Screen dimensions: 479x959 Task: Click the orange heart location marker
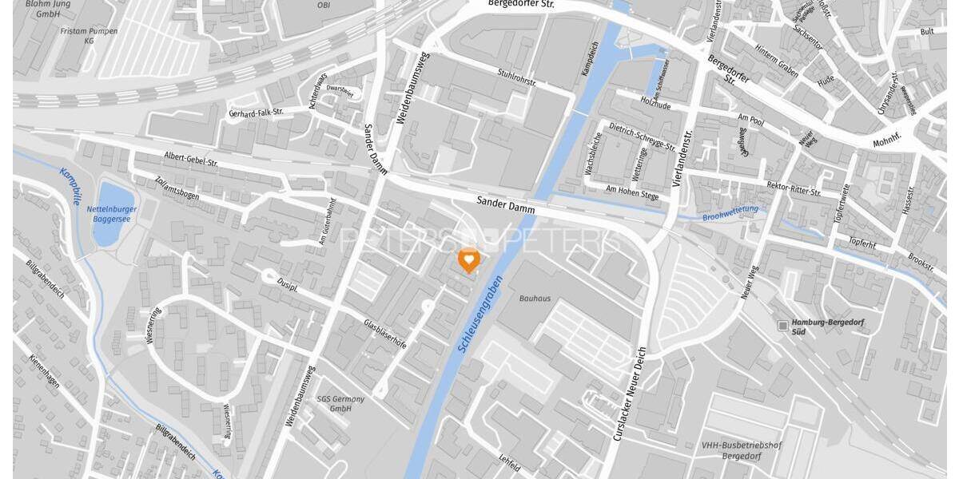click(x=468, y=259)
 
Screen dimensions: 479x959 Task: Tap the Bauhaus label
click(x=535, y=299)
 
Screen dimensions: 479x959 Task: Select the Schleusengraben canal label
click(x=479, y=311)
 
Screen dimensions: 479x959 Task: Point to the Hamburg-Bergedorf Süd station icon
click(x=782, y=325)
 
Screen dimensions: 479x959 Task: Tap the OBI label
click(x=324, y=5)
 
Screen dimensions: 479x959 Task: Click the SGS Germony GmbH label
click(x=340, y=403)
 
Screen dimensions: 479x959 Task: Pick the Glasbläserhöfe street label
click(x=384, y=333)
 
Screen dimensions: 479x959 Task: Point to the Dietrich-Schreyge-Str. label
click(x=642, y=136)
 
